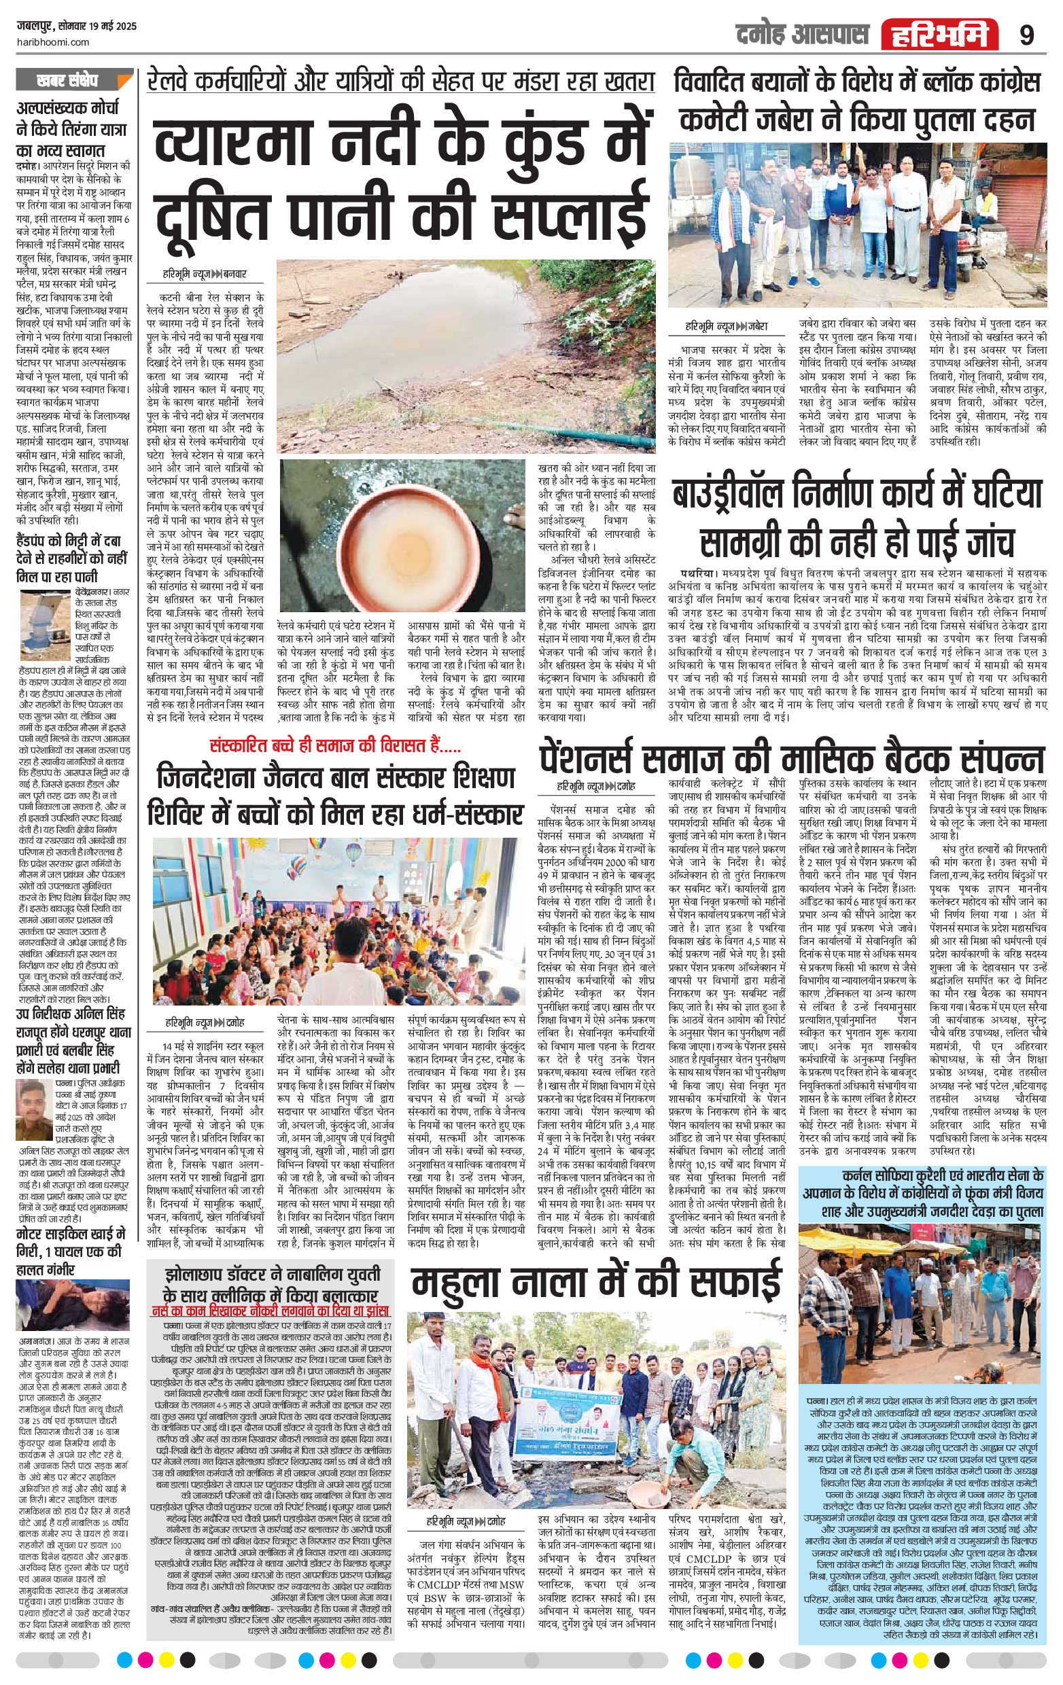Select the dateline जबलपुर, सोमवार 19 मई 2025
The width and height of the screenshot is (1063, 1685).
coord(77,26)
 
